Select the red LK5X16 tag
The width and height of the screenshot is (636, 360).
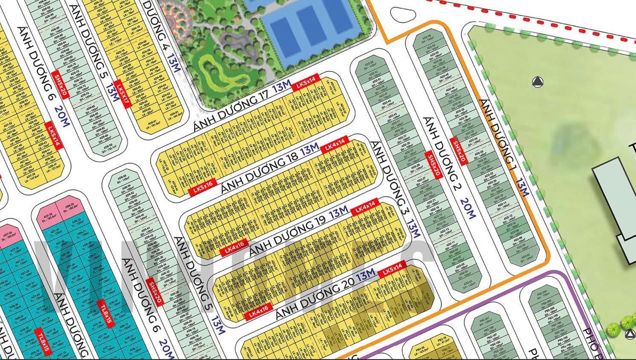coord(203,187)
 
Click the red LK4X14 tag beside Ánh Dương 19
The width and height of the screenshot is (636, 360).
coord(365,206)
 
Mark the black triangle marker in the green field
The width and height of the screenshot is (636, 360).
coord(537,82)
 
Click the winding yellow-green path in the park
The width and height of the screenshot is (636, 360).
coord(220,72)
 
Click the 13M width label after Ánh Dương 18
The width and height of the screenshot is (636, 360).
coord(309,148)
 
